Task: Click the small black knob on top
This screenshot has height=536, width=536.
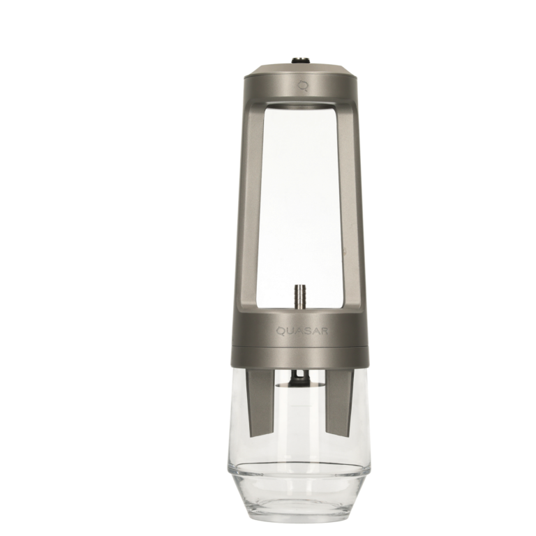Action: click(x=300, y=61)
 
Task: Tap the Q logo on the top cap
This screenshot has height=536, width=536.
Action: click(x=303, y=86)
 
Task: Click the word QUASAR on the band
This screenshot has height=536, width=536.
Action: click(x=302, y=331)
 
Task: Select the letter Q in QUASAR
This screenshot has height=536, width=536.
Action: click(x=281, y=332)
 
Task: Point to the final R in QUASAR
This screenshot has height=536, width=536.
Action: click(x=325, y=331)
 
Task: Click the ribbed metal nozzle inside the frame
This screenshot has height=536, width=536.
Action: click(x=299, y=296)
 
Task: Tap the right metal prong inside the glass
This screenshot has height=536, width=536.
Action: click(x=339, y=403)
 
